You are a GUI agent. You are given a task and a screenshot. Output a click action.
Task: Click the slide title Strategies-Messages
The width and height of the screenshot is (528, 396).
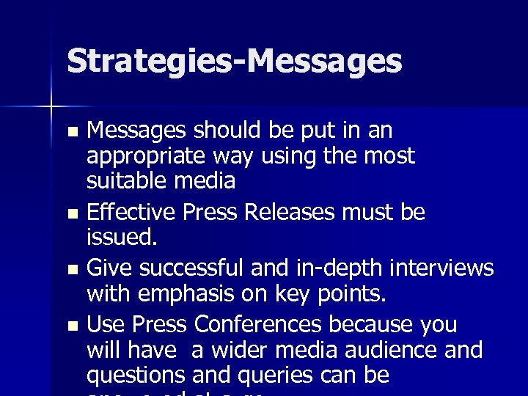click(235, 62)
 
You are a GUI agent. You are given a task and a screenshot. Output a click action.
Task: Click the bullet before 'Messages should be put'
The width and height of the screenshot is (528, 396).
click(71, 133)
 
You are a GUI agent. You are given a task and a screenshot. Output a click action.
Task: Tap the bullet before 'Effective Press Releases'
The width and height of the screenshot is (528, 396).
click(71, 215)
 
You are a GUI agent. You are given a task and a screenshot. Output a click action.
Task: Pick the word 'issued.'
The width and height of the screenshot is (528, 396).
click(122, 238)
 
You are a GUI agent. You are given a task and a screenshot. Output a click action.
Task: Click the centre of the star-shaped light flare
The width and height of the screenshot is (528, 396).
click(52, 107)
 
